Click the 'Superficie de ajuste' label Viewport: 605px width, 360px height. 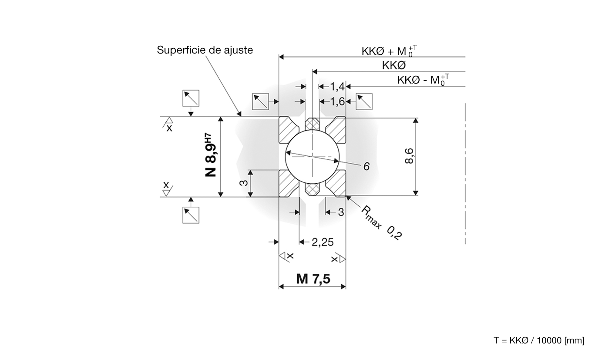(205, 50)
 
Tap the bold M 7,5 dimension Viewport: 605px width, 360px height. (313, 279)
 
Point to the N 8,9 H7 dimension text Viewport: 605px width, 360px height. (211, 156)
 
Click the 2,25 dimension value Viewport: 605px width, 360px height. (323, 242)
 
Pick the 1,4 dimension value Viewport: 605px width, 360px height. (337, 87)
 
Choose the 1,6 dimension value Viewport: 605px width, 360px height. (337, 101)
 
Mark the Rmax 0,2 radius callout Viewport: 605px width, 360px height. (381, 222)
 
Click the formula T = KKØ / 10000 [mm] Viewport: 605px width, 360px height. (539, 340)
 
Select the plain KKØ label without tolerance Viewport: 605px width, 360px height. (393, 65)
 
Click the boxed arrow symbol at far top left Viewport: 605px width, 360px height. (191, 98)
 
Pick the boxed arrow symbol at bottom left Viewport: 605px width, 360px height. (191, 215)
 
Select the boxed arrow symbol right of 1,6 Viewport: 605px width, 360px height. (364, 101)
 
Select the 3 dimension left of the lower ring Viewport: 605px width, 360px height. (245, 183)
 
